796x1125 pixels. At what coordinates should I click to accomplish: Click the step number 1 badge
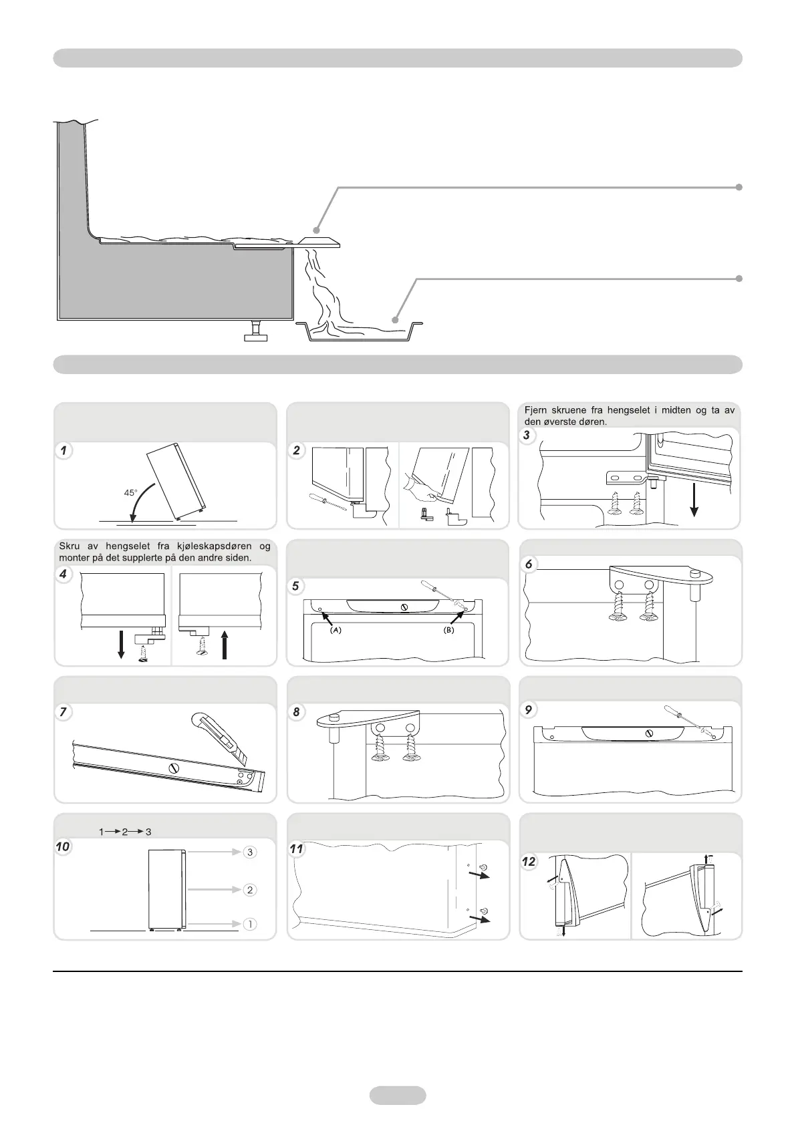63,451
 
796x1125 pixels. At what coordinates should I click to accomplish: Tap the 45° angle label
130,493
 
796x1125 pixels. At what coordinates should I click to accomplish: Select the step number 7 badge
63,712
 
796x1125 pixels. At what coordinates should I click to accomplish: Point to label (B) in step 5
449,630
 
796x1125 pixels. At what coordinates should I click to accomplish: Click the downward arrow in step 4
121,643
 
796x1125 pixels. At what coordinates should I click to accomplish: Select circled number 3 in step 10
249,852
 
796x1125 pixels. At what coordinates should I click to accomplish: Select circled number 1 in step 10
249,924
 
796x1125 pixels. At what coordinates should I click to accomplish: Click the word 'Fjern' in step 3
537,410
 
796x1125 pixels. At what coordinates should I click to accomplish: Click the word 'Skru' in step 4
69,547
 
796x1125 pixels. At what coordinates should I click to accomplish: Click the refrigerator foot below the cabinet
255,331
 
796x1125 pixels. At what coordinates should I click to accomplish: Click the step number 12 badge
529,862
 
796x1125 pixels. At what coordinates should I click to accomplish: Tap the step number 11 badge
297,849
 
